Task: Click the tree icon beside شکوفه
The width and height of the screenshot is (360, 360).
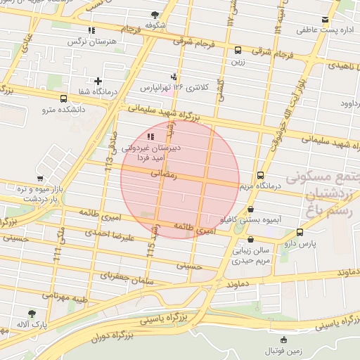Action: pyautogui.click(x=154, y=15)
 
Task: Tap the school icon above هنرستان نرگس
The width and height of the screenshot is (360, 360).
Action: pyautogui.click(x=91, y=30)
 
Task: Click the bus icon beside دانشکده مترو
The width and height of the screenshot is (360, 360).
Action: pyautogui.click(x=64, y=99)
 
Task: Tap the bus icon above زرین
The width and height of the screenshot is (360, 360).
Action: pyautogui.click(x=238, y=51)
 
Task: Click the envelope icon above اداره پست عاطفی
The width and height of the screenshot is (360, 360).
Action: pyautogui.click(x=325, y=20)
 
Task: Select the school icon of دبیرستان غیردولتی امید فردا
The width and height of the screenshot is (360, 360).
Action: pyautogui.click(x=150, y=136)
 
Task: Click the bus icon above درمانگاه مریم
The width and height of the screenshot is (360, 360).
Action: pyautogui.click(x=260, y=175)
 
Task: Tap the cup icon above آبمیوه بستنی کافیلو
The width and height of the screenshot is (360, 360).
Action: pyautogui.click(x=251, y=209)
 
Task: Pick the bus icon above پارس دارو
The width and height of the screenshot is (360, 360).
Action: pyautogui.click(x=300, y=232)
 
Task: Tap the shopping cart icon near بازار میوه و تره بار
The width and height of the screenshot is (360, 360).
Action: pyautogui.click(x=40, y=177)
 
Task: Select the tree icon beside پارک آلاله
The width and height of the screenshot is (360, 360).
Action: pyautogui.click(x=31, y=314)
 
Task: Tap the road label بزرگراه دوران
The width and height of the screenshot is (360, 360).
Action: pyautogui.click(x=114, y=337)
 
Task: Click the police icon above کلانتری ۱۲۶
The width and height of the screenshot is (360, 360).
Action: pyautogui.click(x=174, y=76)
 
